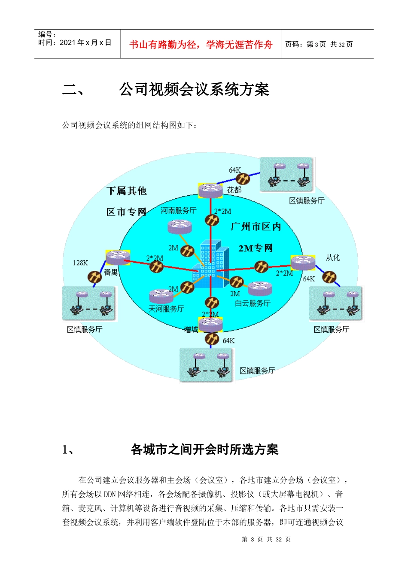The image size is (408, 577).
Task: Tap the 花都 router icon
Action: (210, 190)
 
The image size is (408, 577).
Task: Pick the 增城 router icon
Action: (210, 324)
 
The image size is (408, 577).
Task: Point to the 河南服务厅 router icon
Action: (180, 226)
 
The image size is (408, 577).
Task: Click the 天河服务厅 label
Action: (166, 309)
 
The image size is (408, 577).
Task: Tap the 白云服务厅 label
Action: (253, 304)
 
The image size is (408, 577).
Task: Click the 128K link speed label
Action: (80, 263)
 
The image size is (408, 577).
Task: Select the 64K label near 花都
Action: (235, 170)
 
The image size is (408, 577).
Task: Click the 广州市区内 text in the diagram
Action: (256, 226)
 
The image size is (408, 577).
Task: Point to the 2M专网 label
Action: (256, 248)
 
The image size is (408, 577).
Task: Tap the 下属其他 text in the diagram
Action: (126, 191)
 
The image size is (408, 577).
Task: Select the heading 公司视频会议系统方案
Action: (194, 89)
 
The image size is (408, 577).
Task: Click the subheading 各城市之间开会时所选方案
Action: (204, 449)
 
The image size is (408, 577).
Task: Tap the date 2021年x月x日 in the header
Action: (85, 43)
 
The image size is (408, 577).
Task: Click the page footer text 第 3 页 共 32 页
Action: (266, 539)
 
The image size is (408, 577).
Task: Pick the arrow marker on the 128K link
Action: (94, 277)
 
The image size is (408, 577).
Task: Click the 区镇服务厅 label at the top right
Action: (307, 200)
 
